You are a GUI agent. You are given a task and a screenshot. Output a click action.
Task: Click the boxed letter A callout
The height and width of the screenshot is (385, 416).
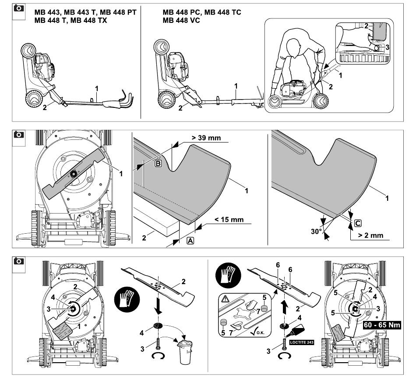click(191, 240)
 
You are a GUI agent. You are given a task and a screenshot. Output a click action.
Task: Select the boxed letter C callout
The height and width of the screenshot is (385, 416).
click(357, 224)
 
